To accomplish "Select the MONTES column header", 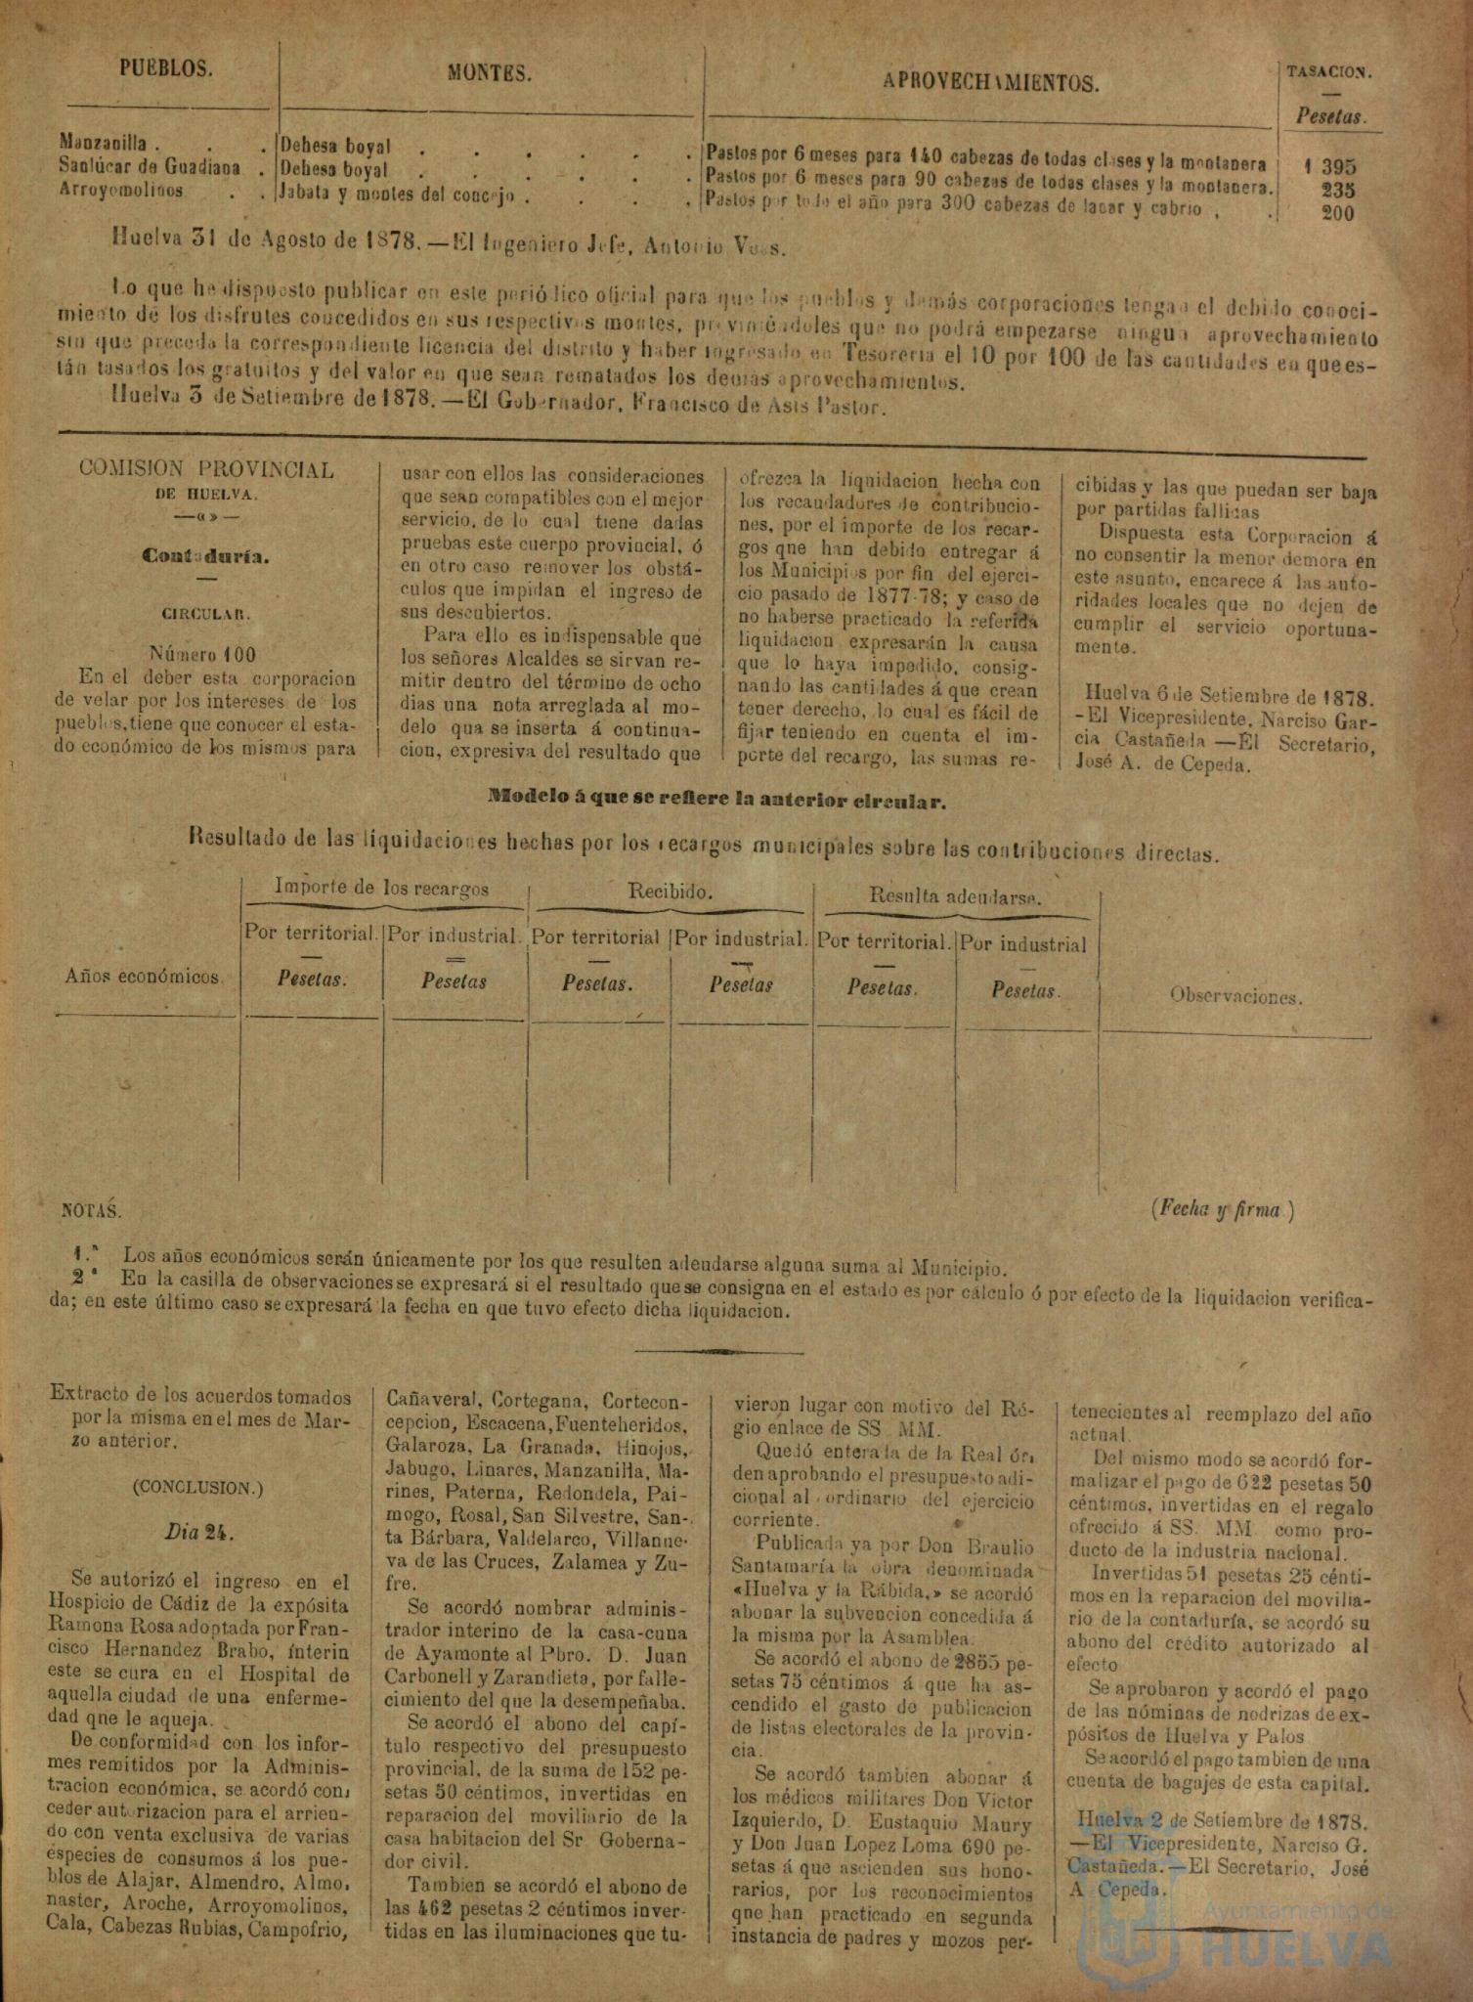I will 490,72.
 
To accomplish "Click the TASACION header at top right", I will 1328,71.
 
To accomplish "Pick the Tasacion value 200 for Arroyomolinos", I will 1337,213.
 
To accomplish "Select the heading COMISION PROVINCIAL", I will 206,469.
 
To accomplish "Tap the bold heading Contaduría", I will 205,555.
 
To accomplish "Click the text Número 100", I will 203,654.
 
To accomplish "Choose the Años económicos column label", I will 143,976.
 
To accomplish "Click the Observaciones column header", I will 1235,997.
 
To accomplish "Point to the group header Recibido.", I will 670,892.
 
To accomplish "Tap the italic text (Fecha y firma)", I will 1225,1209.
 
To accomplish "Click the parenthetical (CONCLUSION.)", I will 197,1488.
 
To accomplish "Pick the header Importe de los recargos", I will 381,888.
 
